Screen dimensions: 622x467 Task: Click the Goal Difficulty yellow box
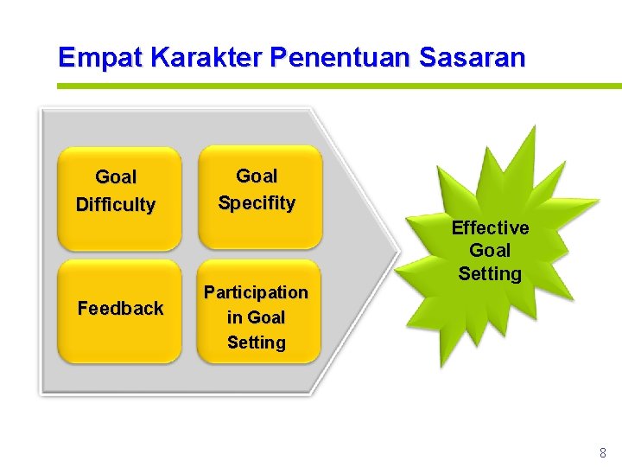(x=119, y=199)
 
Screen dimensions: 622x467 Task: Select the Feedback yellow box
(x=119, y=310)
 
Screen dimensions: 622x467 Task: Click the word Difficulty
(x=116, y=205)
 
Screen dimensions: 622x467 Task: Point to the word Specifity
(x=257, y=203)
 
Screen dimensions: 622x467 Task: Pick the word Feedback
(x=120, y=308)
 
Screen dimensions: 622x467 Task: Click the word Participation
(x=256, y=292)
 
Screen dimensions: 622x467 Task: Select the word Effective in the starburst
(x=490, y=228)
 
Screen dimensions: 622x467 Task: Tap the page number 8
(x=602, y=452)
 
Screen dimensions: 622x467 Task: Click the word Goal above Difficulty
(x=116, y=177)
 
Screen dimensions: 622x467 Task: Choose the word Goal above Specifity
(x=257, y=176)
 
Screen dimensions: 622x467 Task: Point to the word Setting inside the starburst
(x=490, y=274)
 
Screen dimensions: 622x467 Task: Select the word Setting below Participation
(x=256, y=342)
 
